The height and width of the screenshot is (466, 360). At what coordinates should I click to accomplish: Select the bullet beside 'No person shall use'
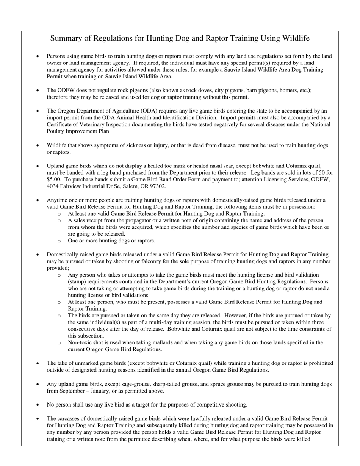38,405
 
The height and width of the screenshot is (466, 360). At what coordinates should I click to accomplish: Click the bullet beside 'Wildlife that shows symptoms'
38,145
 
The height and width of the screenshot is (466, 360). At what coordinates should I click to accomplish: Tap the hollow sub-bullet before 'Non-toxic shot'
59,343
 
